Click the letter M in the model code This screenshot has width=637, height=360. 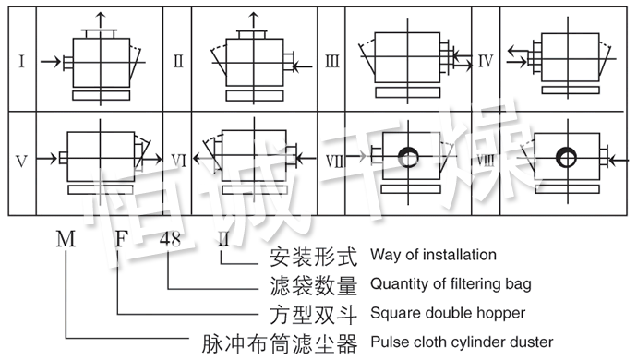click(65, 240)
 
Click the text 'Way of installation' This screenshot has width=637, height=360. click(433, 255)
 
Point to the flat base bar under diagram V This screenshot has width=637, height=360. click(97, 189)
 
